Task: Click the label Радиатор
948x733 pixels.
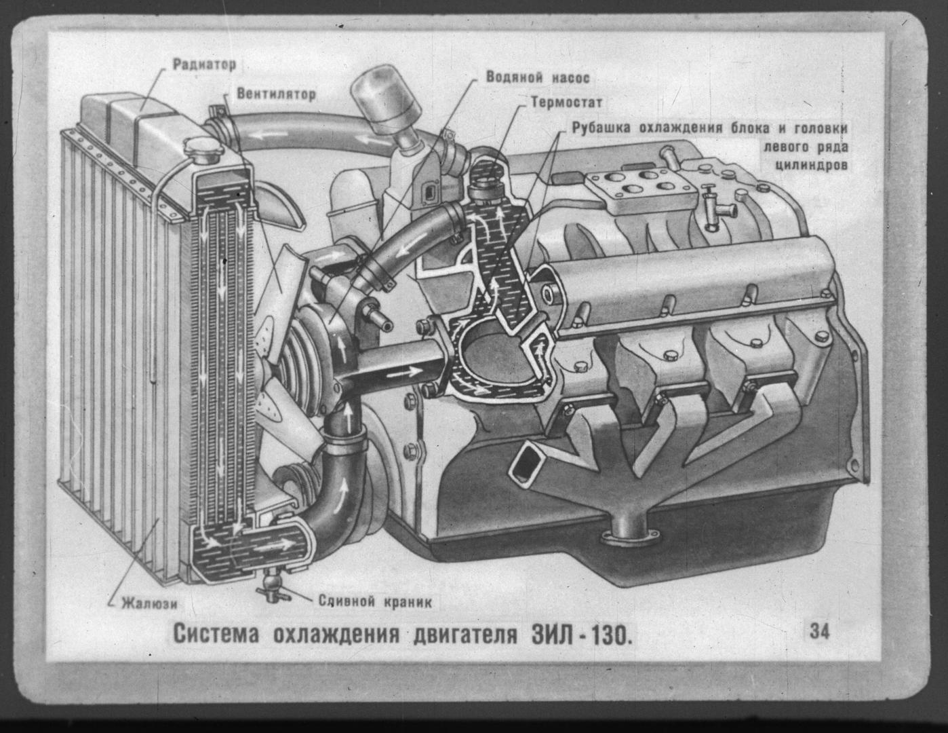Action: pos(205,64)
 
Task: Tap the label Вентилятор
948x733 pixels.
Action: pos(276,94)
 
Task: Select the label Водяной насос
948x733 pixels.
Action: pos(538,77)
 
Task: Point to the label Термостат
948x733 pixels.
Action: pos(567,102)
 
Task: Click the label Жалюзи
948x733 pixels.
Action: pos(150,604)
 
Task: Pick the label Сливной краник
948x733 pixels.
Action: pos(375,601)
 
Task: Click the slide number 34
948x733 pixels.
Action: pos(820,631)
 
